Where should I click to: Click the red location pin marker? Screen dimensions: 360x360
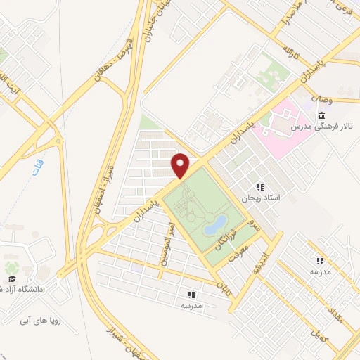[x=181, y=165]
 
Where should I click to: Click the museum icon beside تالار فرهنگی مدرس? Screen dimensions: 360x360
[x=321, y=115]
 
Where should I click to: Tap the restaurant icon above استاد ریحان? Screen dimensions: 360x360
[x=260, y=188]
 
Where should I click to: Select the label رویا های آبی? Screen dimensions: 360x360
[x=36, y=320]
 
